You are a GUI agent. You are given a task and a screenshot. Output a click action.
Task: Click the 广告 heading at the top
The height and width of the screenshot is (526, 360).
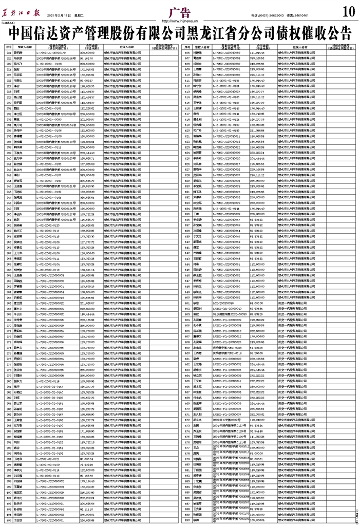[179, 11]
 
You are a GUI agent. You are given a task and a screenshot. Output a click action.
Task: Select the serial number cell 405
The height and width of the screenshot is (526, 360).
[9, 520]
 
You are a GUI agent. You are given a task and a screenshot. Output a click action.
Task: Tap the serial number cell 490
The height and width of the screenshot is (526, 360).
[187, 520]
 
